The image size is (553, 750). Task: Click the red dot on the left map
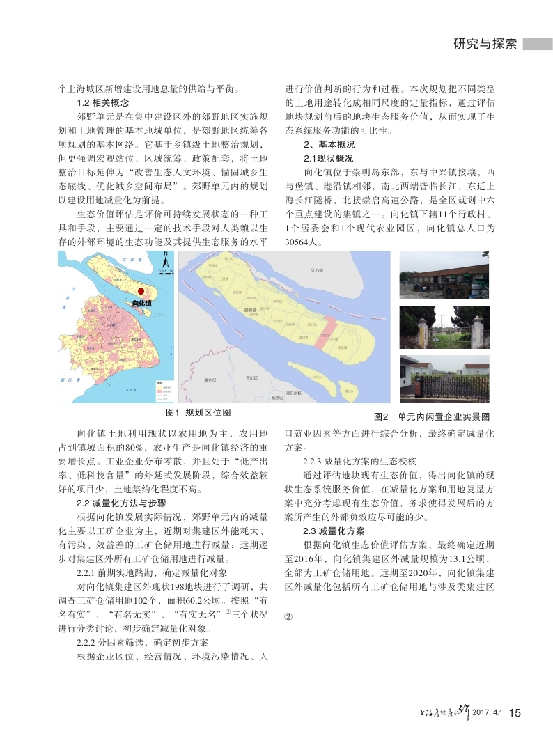point(141,292)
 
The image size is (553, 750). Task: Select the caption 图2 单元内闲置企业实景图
point(432,416)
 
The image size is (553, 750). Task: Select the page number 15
point(515,712)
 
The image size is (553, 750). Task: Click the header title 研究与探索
point(485,43)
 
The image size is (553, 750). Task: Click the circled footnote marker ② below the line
point(290,618)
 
